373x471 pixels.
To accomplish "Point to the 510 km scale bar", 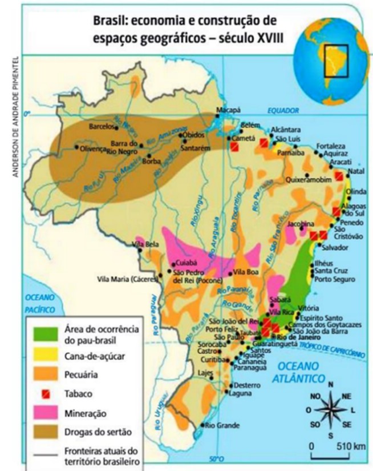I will (x=334, y=456).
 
